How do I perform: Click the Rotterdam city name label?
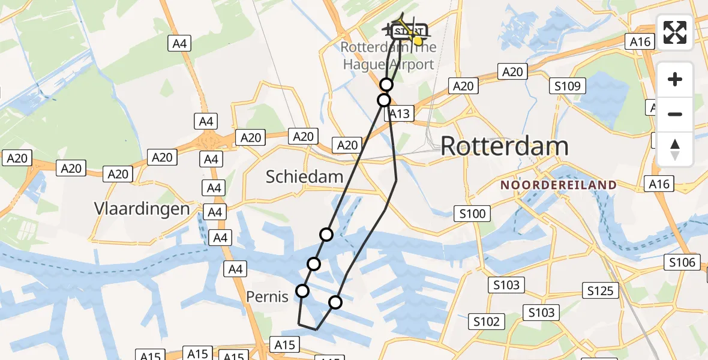(x=505, y=146)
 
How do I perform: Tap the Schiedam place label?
(x=305, y=176)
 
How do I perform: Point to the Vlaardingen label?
(x=142, y=209)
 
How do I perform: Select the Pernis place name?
(x=268, y=296)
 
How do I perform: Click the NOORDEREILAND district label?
(x=559, y=185)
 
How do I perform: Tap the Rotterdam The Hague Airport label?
(x=388, y=55)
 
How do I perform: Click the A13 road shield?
(x=399, y=114)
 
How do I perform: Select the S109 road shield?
(x=567, y=86)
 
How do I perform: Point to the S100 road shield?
(x=473, y=213)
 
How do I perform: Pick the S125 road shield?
(x=600, y=291)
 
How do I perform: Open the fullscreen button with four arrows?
(x=675, y=32)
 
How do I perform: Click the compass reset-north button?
(x=675, y=149)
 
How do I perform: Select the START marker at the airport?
(x=409, y=31)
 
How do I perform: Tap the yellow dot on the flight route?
(x=418, y=41)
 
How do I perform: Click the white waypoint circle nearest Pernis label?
(x=302, y=291)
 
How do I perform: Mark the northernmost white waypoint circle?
(x=386, y=85)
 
